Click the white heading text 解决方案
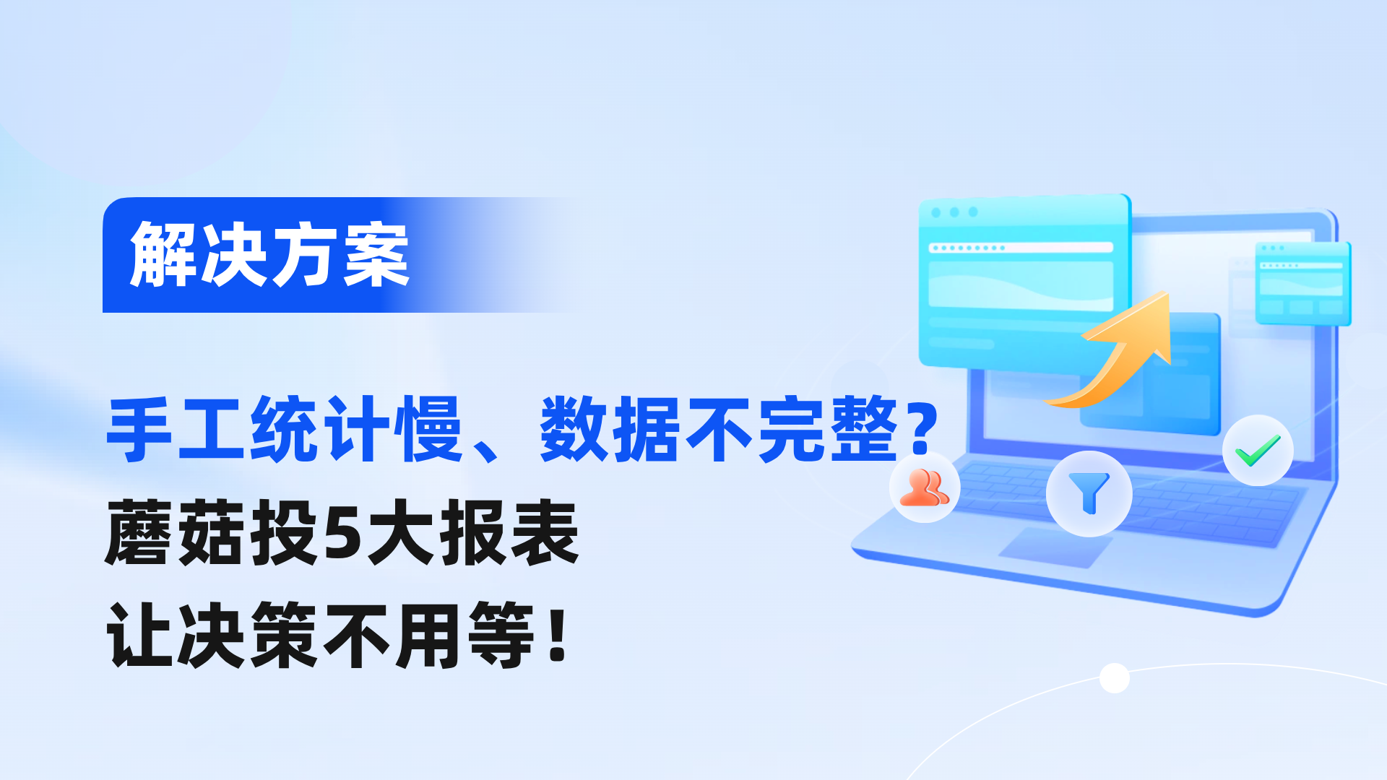[x=269, y=254]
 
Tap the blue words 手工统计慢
[x=284, y=429]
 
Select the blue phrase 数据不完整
[x=719, y=429]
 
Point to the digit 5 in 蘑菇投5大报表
[x=342, y=533]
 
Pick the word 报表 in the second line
[x=509, y=533]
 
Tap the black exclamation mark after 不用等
[x=557, y=636]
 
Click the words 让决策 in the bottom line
[x=212, y=636]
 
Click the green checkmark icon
[x=1258, y=451]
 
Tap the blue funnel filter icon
[x=1089, y=493]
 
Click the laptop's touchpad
[x=1056, y=547]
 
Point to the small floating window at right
[x=1302, y=284]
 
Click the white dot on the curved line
[x=1115, y=677]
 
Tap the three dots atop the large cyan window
[x=954, y=212]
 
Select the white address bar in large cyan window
[x=1021, y=248]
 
